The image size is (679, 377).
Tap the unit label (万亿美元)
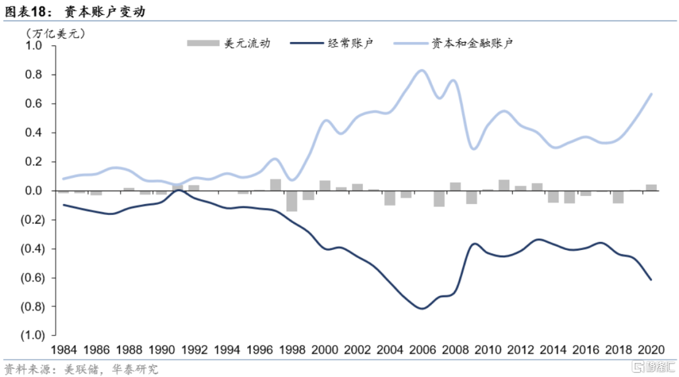(x=55, y=31)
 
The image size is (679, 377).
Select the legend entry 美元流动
(x=229, y=43)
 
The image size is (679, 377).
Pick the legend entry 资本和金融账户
(x=453, y=43)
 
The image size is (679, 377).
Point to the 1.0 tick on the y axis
(x=33, y=46)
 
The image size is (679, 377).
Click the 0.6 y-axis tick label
(x=33, y=104)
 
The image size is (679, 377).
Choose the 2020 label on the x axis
(x=651, y=349)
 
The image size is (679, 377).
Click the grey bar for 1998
(x=291, y=201)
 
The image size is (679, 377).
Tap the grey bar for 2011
(x=504, y=185)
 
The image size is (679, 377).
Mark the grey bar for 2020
(x=651, y=187)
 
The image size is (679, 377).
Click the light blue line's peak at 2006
(x=422, y=70)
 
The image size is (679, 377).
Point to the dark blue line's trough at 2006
(x=422, y=309)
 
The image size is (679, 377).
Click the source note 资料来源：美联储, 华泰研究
(x=81, y=369)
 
